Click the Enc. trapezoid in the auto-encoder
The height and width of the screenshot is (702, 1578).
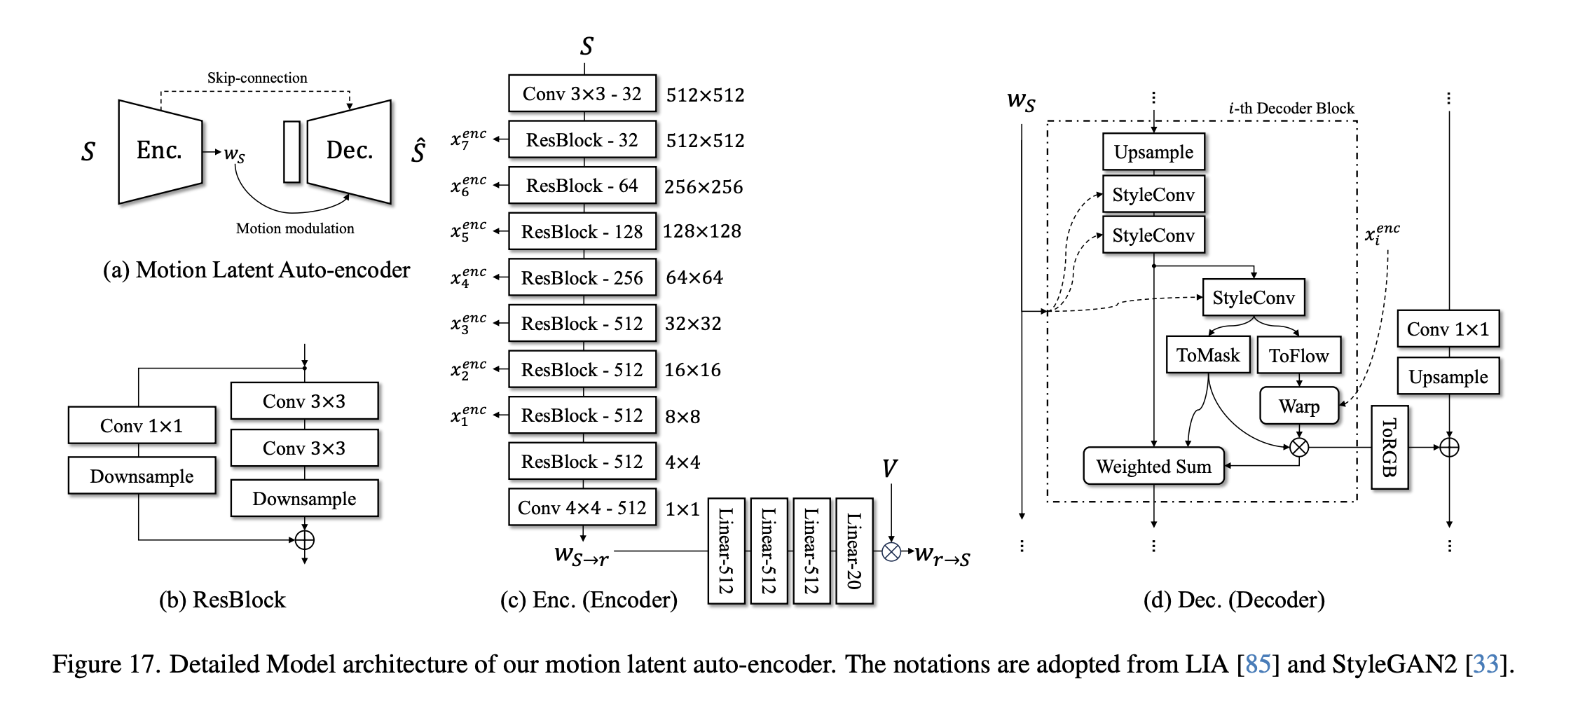[x=160, y=151]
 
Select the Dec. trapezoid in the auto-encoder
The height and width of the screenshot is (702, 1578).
[x=349, y=151]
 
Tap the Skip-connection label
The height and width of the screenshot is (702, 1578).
[x=257, y=78]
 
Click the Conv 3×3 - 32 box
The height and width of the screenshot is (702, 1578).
[x=582, y=94]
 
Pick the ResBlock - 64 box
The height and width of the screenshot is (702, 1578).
[x=582, y=186]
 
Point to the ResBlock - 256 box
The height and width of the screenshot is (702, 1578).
[x=582, y=278]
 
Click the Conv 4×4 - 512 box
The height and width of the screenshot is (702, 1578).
[x=582, y=508]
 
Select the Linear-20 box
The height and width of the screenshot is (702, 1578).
[x=854, y=551]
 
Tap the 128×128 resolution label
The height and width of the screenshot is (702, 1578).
[x=702, y=231]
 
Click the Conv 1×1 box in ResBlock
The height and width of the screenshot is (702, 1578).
[x=142, y=425]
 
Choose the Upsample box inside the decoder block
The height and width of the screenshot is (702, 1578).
[x=1153, y=152]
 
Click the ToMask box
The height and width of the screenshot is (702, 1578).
[x=1208, y=355]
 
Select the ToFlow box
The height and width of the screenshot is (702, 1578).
[x=1298, y=356]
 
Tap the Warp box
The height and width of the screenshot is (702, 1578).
[x=1298, y=406]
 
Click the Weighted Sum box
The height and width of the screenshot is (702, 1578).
[x=1153, y=467]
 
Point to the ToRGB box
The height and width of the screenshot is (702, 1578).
[x=1389, y=447]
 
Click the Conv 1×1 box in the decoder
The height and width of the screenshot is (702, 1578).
[x=1448, y=329]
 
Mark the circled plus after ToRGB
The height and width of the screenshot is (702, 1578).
[x=1449, y=447]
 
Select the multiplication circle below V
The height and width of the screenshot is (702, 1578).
[x=891, y=552]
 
